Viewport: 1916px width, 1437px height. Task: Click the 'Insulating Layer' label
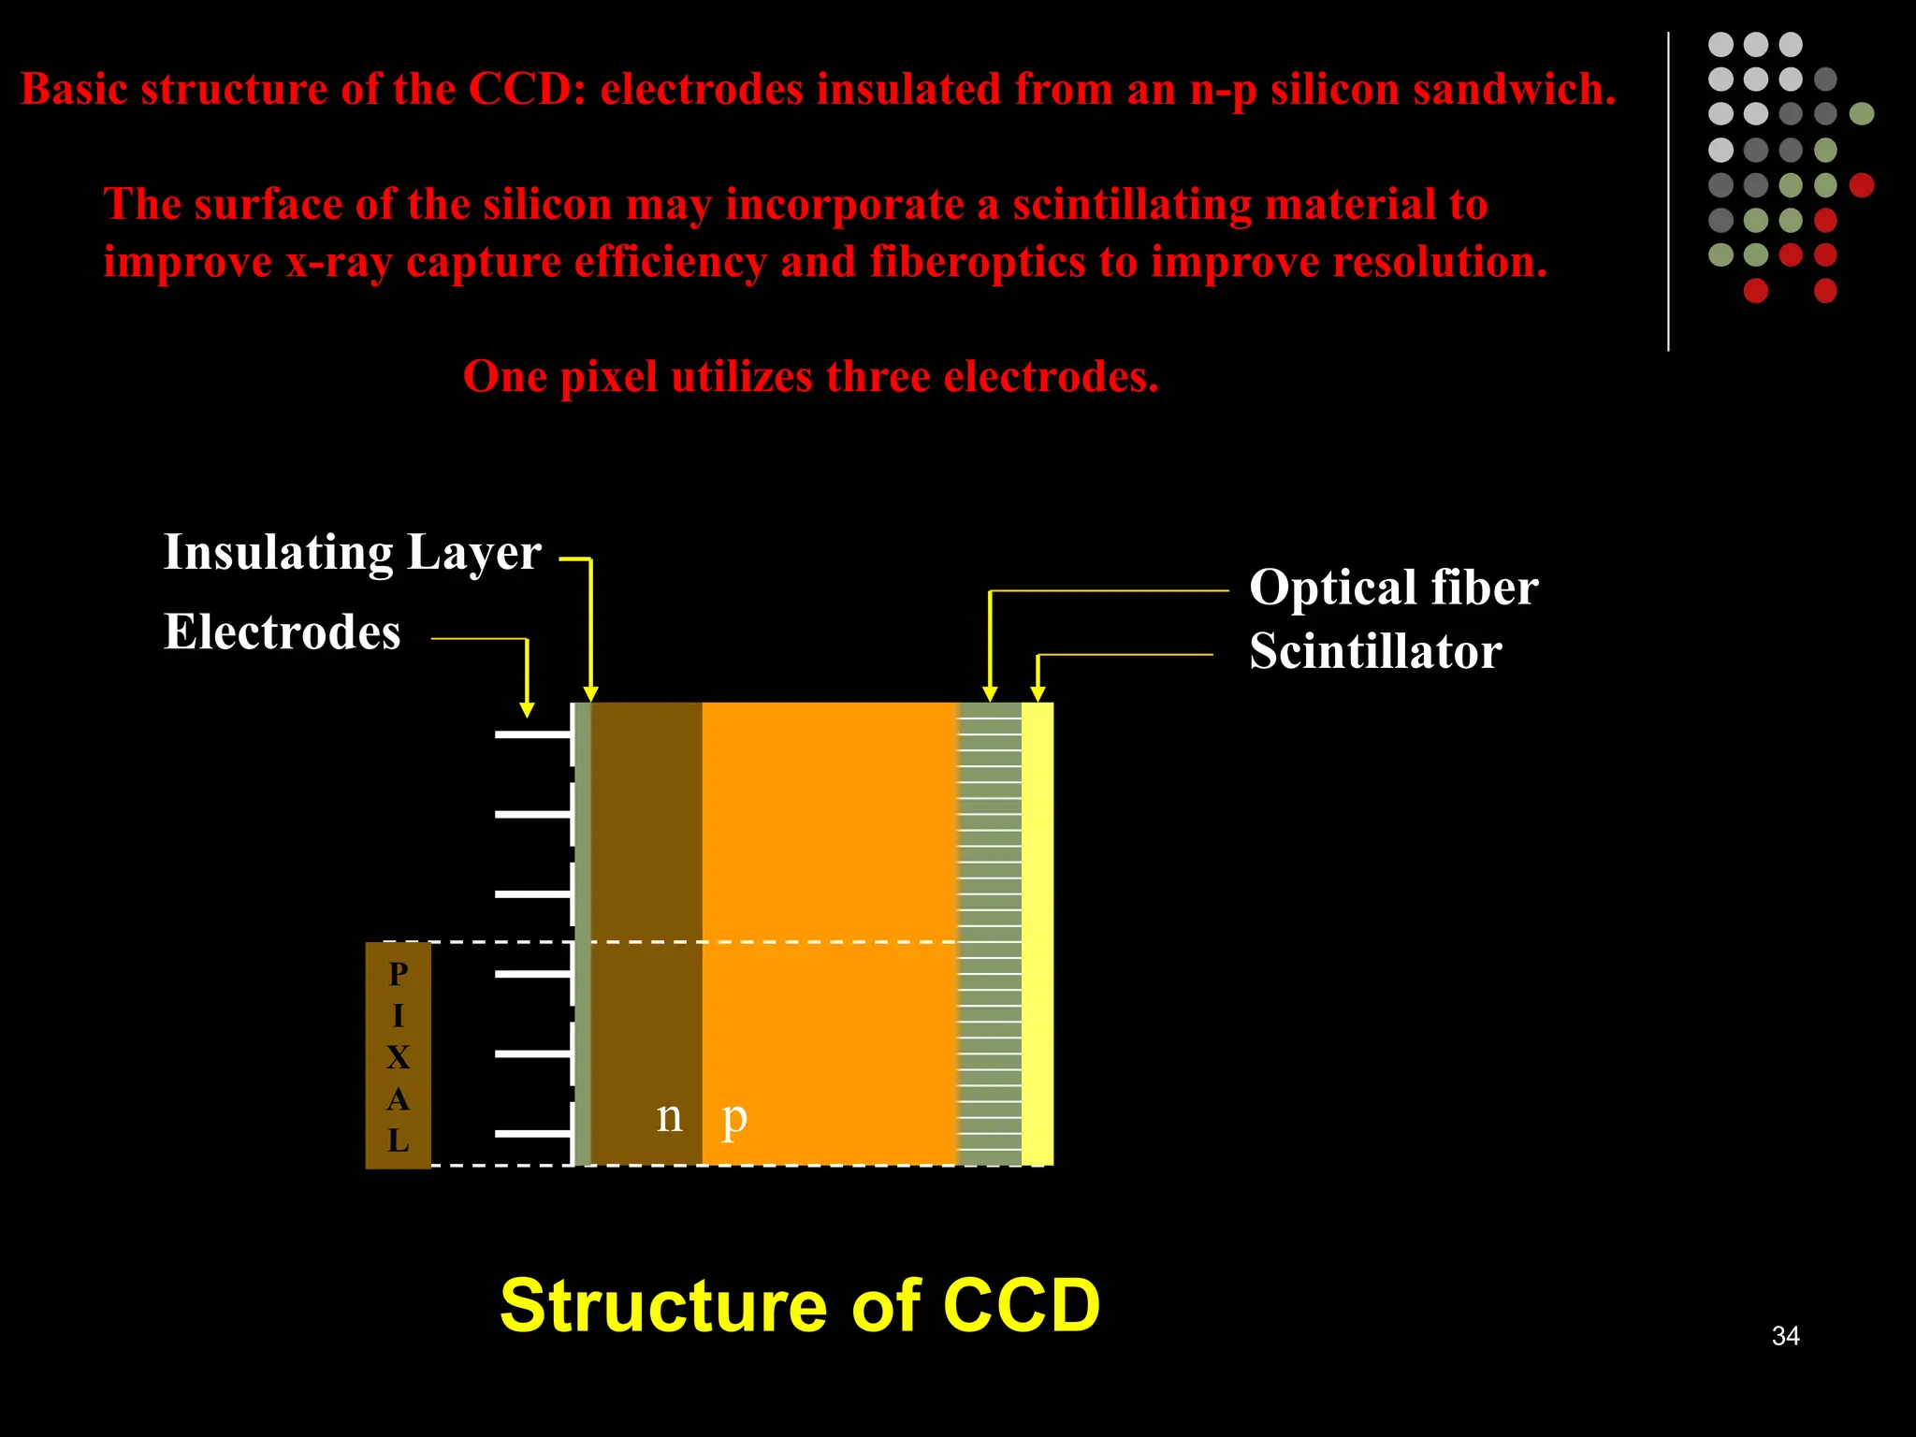pyautogui.click(x=352, y=552)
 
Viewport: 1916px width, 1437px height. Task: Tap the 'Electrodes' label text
pyautogui.click(x=282, y=632)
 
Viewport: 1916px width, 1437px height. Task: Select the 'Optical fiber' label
pyautogui.click(x=1393, y=588)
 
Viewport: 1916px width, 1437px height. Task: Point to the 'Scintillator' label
pyautogui.click(x=1375, y=651)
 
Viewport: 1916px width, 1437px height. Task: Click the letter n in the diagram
pyautogui.click(x=669, y=1116)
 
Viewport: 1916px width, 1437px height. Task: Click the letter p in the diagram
pyautogui.click(x=734, y=1118)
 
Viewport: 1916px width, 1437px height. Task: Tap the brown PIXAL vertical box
pyautogui.click(x=398, y=1055)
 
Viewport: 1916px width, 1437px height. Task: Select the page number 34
pyautogui.click(x=1785, y=1336)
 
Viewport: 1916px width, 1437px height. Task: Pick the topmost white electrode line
pyautogui.click(x=531, y=735)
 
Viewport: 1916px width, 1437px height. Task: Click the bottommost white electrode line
pyautogui.click(x=531, y=1134)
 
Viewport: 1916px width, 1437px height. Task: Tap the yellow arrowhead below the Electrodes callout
pyautogui.click(x=527, y=709)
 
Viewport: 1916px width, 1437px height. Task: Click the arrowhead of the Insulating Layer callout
pyautogui.click(x=590, y=693)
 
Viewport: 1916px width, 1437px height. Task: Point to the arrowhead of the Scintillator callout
pyautogui.click(x=1038, y=693)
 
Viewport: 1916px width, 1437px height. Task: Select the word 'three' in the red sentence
pyautogui.click(x=878, y=377)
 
